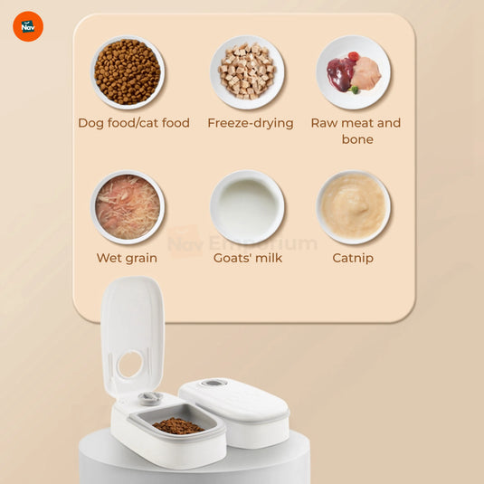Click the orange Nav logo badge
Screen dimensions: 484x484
(x=28, y=26)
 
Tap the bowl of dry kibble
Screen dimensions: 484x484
(x=128, y=72)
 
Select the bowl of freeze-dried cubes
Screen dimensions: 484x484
(x=248, y=72)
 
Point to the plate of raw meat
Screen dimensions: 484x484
(x=354, y=72)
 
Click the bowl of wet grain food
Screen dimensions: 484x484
(x=128, y=207)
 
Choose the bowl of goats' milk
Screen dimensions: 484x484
(x=248, y=207)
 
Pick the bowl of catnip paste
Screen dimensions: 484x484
(x=354, y=207)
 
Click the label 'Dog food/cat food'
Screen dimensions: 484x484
(x=134, y=123)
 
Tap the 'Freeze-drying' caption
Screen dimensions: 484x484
(x=251, y=123)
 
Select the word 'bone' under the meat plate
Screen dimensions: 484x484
(x=357, y=139)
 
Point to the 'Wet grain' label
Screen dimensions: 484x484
(x=127, y=258)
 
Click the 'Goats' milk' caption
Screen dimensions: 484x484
(x=248, y=258)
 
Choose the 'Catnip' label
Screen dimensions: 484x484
(x=353, y=258)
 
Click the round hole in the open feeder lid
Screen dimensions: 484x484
(x=129, y=364)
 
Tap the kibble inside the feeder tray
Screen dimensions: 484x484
(x=177, y=425)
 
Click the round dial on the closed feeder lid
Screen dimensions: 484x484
(x=214, y=384)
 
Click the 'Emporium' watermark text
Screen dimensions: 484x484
(x=263, y=243)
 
